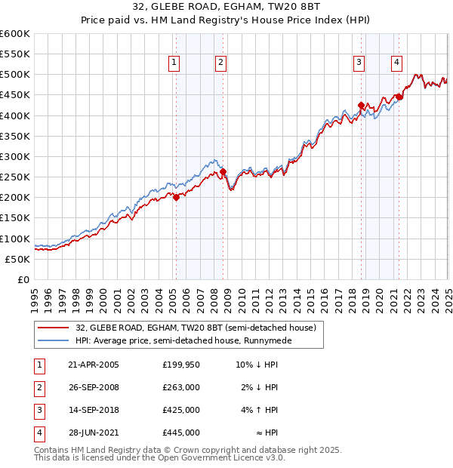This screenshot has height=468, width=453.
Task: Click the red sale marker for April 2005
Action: (x=176, y=198)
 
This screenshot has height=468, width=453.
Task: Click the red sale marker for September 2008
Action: (x=223, y=172)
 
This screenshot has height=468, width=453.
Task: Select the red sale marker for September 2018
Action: (x=361, y=106)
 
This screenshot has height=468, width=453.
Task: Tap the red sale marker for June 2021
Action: (x=399, y=97)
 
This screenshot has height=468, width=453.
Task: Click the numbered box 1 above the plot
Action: (x=174, y=63)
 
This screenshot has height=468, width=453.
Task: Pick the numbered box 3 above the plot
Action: (x=359, y=63)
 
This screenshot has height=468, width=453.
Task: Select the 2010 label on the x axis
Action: (x=241, y=294)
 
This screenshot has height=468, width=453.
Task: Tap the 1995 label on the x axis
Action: (x=35, y=294)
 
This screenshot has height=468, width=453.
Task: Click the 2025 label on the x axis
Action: (x=447, y=294)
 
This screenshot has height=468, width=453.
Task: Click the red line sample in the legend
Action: (x=54, y=327)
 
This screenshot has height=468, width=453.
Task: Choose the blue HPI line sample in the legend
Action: (x=54, y=340)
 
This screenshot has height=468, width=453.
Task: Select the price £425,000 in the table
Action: (x=181, y=411)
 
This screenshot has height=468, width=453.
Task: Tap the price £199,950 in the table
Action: (x=181, y=365)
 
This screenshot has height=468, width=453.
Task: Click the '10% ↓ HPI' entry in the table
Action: (x=257, y=365)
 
